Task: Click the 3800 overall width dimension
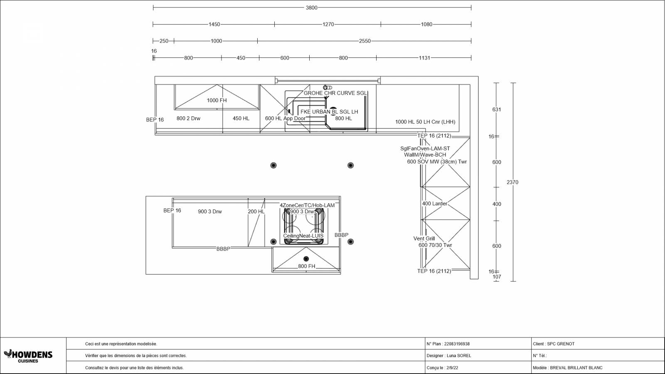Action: click(x=311, y=8)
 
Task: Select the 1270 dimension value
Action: click(x=328, y=25)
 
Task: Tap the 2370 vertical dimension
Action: click(x=512, y=182)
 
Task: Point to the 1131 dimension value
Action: click(x=424, y=58)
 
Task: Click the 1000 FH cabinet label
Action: click(x=217, y=100)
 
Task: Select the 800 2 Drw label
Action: click(x=188, y=118)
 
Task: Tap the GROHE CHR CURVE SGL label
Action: click(x=335, y=93)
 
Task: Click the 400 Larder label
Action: click(x=435, y=204)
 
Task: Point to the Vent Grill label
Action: click(x=424, y=239)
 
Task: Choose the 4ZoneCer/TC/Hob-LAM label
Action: click(x=307, y=205)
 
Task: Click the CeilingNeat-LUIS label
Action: click(x=303, y=236)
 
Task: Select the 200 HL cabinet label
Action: click(x=256, y=212)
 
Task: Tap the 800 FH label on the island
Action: click(x=307, y=266)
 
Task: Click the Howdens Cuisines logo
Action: click(x=28, y=356)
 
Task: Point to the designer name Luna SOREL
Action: click(x=459, y=356)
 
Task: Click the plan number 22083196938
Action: click(x=457, y=344)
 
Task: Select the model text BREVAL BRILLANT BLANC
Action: click(x=576, y=368)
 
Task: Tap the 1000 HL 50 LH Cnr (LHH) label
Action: click(x=425, y=122)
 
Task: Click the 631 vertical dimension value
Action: click(x=497, y=110)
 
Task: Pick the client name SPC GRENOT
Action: click(x=561, y=344)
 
